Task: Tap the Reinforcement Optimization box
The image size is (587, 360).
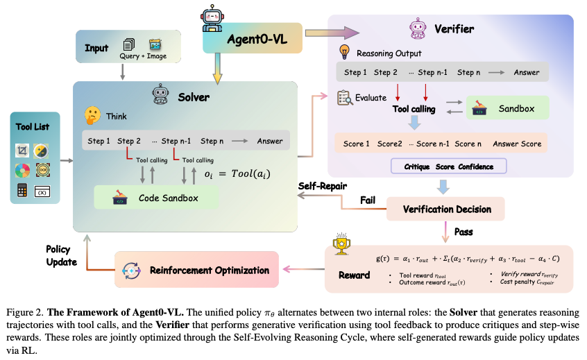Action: pos(197,269)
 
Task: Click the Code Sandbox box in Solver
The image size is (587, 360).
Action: pos(155,198)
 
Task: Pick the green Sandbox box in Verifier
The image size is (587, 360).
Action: pos(507,109)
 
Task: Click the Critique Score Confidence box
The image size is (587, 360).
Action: pos(448,166)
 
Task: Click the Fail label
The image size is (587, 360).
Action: pos(367,200)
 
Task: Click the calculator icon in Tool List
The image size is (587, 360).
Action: pos(21,190)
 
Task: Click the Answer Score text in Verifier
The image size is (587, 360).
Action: pos(517,144)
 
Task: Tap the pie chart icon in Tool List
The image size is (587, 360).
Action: pos(21,170)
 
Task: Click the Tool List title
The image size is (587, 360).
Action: pos(32,128)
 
